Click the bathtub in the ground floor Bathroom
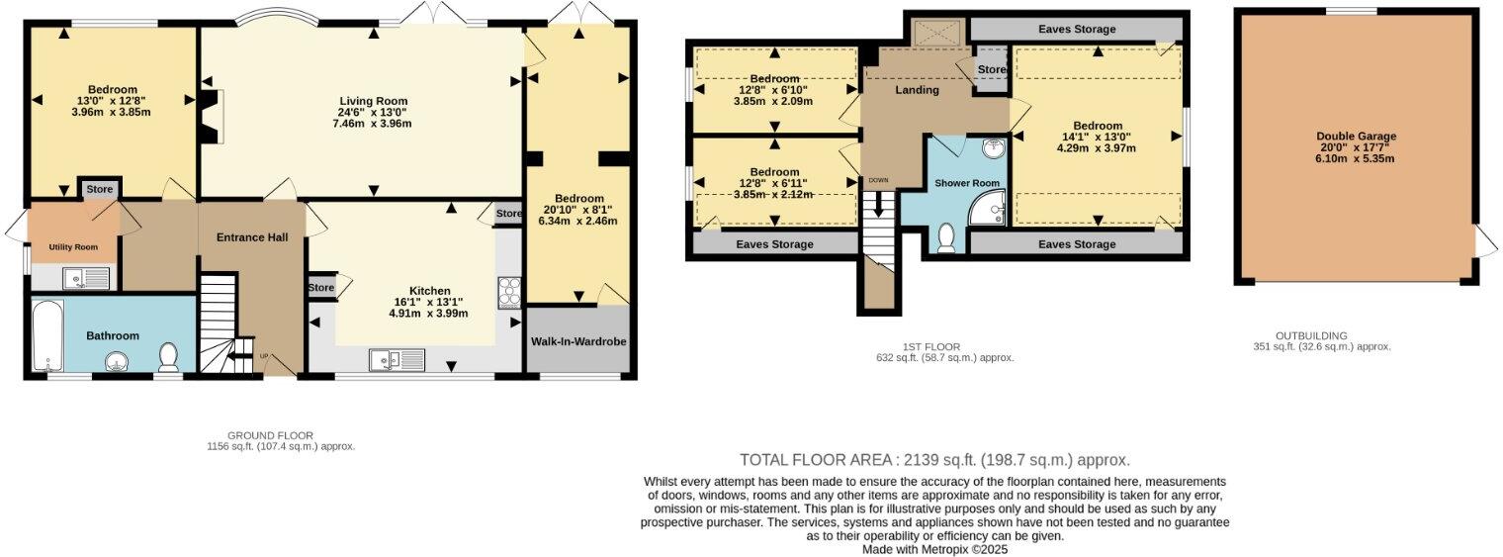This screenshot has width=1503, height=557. (x=46, y=336)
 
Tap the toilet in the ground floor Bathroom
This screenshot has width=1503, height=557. (x=168, y=356)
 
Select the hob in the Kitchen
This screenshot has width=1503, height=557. (x=510, y=293)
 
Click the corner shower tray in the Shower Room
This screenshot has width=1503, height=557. (x=987, y=208)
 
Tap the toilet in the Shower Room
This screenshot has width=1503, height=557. (x=947, y=237)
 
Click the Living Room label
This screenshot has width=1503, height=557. (x=374, y=101)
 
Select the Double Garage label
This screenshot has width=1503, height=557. (x=1356, y=137)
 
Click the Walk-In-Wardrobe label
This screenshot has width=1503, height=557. (x=578, y=341)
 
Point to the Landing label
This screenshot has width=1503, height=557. (x=918, y=90)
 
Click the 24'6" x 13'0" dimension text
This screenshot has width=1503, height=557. (x=374, y=113)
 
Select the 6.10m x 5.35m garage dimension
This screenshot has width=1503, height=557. (x=1356, y=158)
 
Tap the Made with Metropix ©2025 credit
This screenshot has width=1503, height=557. (x=934, y=549)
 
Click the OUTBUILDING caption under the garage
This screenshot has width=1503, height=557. (x=1311, y=335)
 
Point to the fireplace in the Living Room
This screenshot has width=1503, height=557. (x=211, y=117)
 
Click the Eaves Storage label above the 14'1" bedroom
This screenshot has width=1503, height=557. (x=1077, y=30)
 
